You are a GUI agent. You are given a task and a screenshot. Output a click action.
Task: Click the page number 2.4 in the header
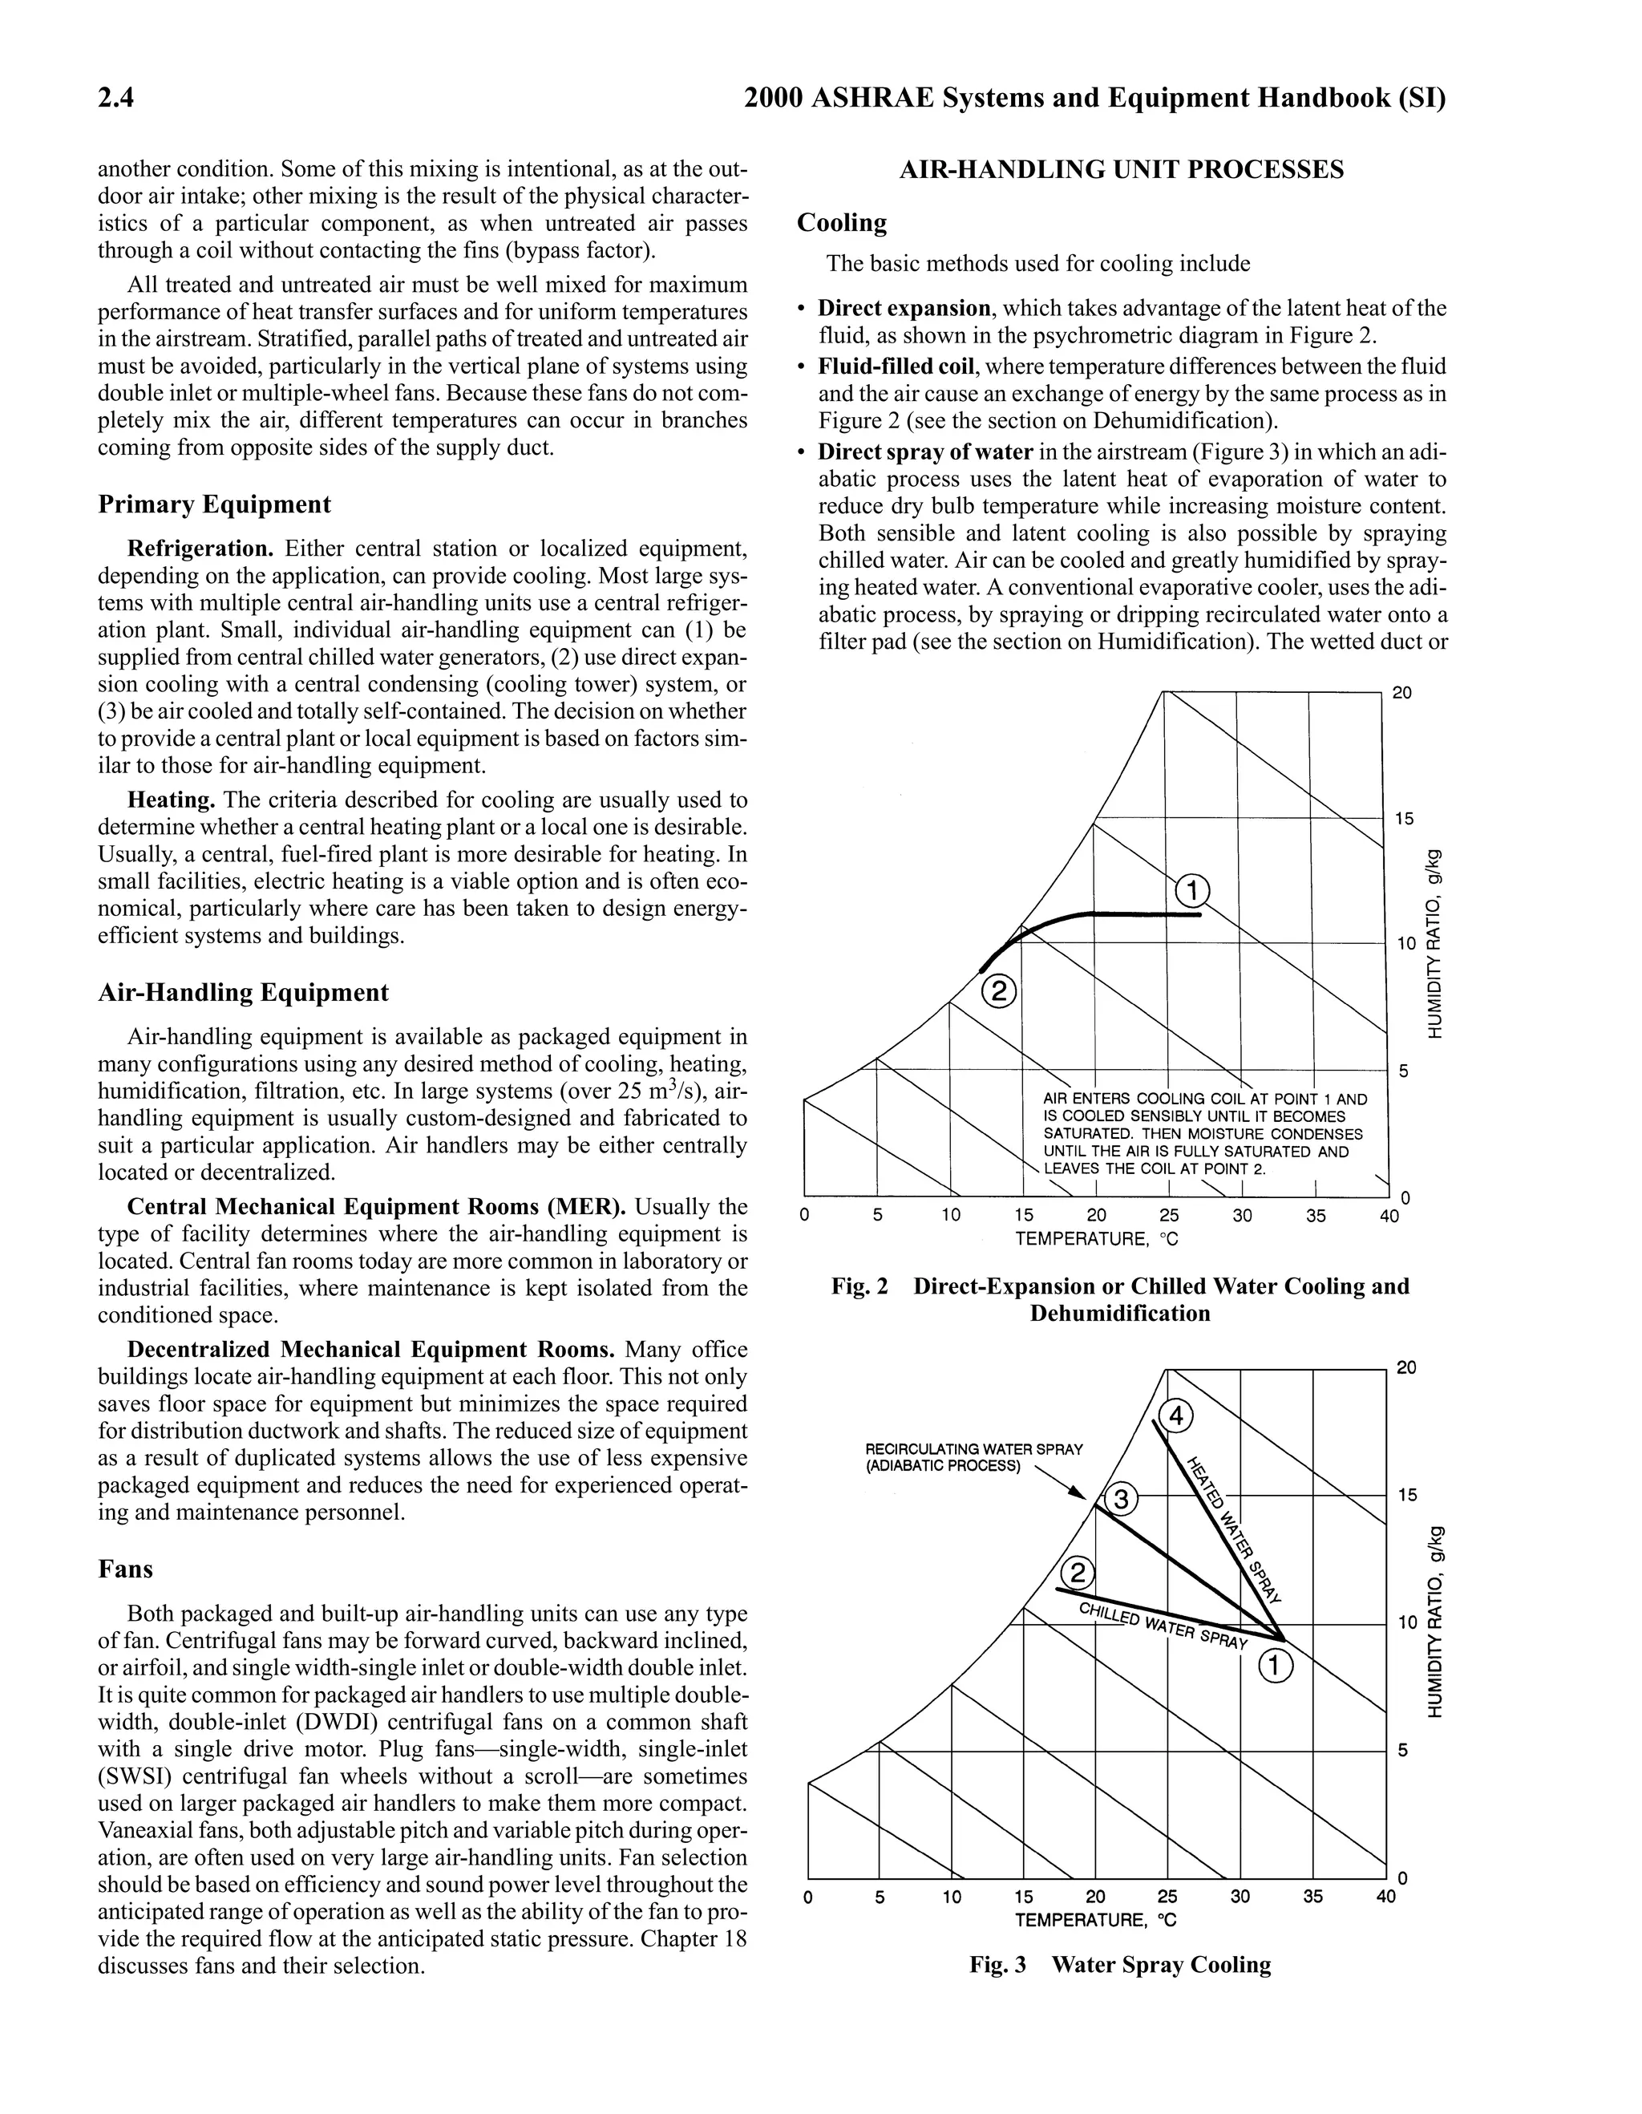point(115,99)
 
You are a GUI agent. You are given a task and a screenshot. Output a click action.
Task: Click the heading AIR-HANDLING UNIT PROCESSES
point(1121,170)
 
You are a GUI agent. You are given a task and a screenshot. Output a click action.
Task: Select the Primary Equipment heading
point(214,504)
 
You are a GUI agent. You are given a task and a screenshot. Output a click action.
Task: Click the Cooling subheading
point(841,223)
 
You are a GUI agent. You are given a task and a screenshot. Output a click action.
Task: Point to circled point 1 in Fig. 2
point(1192,889)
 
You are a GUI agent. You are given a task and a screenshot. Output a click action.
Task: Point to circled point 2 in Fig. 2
point(1000,991)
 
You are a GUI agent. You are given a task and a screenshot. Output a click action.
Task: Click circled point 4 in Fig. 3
point(1175,1416)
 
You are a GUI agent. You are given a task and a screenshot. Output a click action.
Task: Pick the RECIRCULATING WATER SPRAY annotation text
point(973,1456)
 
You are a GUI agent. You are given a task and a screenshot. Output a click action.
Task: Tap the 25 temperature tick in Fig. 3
point(1168,1896)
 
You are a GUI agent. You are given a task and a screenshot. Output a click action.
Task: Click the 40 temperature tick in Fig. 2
point(1389,1216)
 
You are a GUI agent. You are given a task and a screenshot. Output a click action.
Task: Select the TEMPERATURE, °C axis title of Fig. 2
point(1096,1239)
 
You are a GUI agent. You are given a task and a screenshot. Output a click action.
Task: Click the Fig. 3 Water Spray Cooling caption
point(1121,1964)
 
